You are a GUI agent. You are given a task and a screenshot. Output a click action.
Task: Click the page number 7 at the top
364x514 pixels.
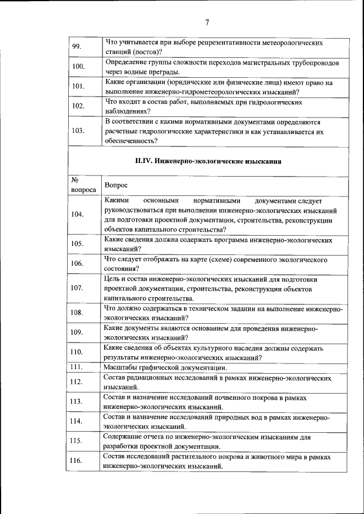(x=207, y=23)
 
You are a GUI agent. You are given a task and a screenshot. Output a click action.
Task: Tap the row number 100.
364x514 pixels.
(x=78, y=66)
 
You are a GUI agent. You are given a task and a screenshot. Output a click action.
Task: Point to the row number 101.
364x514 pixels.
(x=78, y=86)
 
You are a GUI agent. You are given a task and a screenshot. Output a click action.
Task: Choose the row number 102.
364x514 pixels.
(x=78, y=106)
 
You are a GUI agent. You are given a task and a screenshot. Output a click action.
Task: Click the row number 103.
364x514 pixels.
(x=78, y=131)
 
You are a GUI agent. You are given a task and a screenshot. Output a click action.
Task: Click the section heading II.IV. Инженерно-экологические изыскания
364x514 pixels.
(x=208, y=161)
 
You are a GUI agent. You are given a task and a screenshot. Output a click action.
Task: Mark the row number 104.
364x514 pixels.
(x=78, y=215)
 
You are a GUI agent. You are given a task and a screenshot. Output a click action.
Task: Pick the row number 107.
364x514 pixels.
(x=78, y=287)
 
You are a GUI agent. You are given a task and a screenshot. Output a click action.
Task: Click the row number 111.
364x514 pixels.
(x=77, y=367)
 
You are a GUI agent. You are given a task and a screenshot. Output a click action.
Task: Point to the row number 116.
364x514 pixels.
(x=78, y=461)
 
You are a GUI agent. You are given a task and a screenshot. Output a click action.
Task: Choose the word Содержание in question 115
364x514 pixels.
(x=127, y=437)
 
